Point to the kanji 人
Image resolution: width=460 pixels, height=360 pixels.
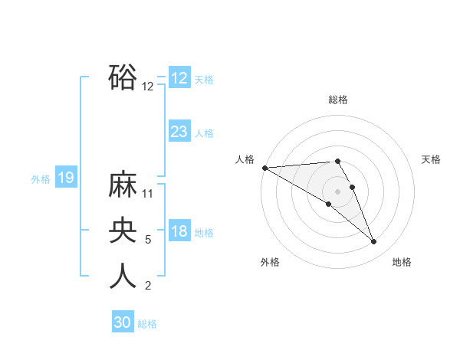point(123,277)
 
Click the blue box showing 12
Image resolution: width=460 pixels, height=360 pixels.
point(179,78)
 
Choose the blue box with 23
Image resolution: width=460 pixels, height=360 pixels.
point(179,132)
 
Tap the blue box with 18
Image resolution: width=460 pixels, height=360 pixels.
point(179,231)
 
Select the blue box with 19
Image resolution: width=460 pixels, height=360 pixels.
point(66,178)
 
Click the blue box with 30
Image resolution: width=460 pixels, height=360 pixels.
point(123,322)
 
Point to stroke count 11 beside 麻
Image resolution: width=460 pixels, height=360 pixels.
point(149,194)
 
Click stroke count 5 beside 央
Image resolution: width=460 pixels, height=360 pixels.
point(149,240)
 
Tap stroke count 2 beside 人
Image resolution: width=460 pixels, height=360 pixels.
point(148,286)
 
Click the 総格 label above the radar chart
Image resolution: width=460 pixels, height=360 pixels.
point(338,100)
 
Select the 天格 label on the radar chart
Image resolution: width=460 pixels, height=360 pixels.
point(431,159)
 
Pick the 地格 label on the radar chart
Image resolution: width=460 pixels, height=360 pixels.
point(402,262)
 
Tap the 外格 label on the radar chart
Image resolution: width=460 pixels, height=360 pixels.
point(270,262)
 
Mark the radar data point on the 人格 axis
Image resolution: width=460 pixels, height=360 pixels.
point(264,168)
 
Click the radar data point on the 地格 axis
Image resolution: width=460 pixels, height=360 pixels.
point(374,242)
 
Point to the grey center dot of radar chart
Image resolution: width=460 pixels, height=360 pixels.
point(337,191)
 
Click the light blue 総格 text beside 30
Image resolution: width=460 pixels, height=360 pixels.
point(147,324)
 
